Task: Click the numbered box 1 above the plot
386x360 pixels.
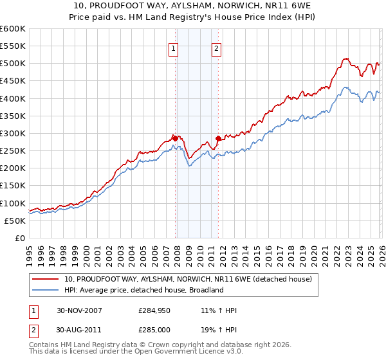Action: pos(174,48)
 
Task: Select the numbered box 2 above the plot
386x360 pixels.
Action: pos(216,48)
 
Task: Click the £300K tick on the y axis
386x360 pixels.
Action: pos(13,133)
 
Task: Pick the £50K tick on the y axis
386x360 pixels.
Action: pos(15,221)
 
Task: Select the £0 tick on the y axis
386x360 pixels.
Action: pos(19,238)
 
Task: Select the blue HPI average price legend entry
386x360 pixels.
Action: pos(143,290)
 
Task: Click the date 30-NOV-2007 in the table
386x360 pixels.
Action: pos(80,310)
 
